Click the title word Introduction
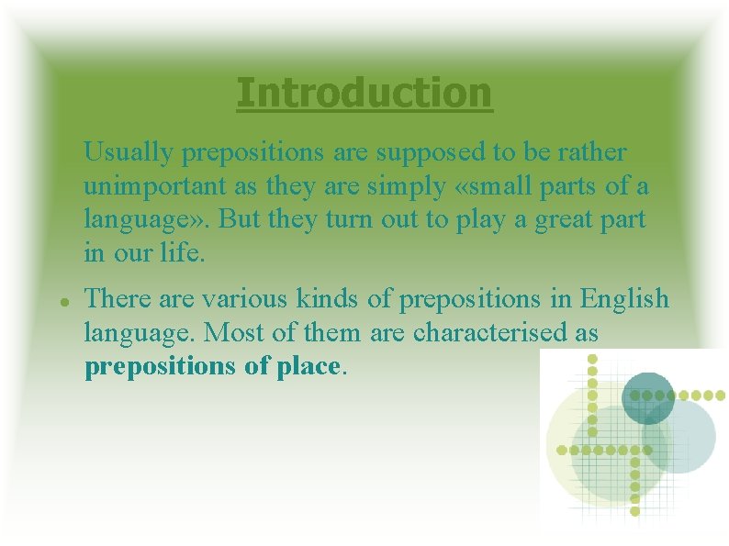[364, 93]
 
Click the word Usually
[128, 151]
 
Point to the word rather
[593, 151]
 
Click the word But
[235, 221]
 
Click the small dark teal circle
[648, 396]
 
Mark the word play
[491, 221]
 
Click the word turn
[348, 221]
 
